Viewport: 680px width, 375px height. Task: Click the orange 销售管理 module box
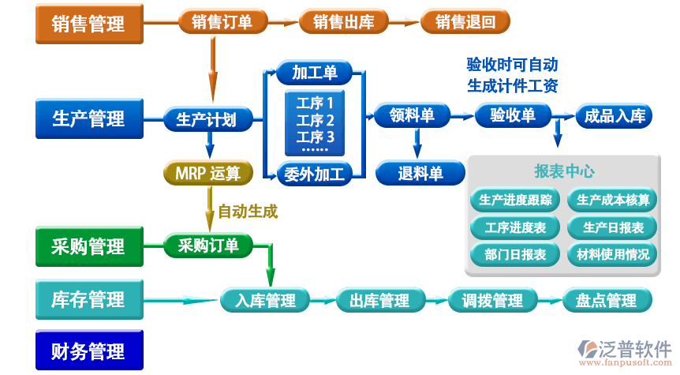click(88, 24)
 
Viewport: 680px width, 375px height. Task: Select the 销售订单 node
click(222, 22)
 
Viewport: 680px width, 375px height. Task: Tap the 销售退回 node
click(465, 22)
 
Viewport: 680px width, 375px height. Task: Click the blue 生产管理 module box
click(88, 119)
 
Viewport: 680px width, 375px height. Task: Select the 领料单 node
click(412, 116)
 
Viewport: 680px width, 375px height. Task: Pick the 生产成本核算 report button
click(613, 201)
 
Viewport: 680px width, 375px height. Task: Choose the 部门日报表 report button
click(515, 254)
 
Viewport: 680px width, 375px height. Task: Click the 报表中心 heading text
click(564, 171)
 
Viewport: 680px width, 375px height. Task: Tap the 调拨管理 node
click(492, 301)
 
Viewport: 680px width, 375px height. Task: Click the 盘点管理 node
click(606, 301)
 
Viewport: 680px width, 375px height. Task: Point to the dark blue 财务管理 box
click(88, 351)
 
